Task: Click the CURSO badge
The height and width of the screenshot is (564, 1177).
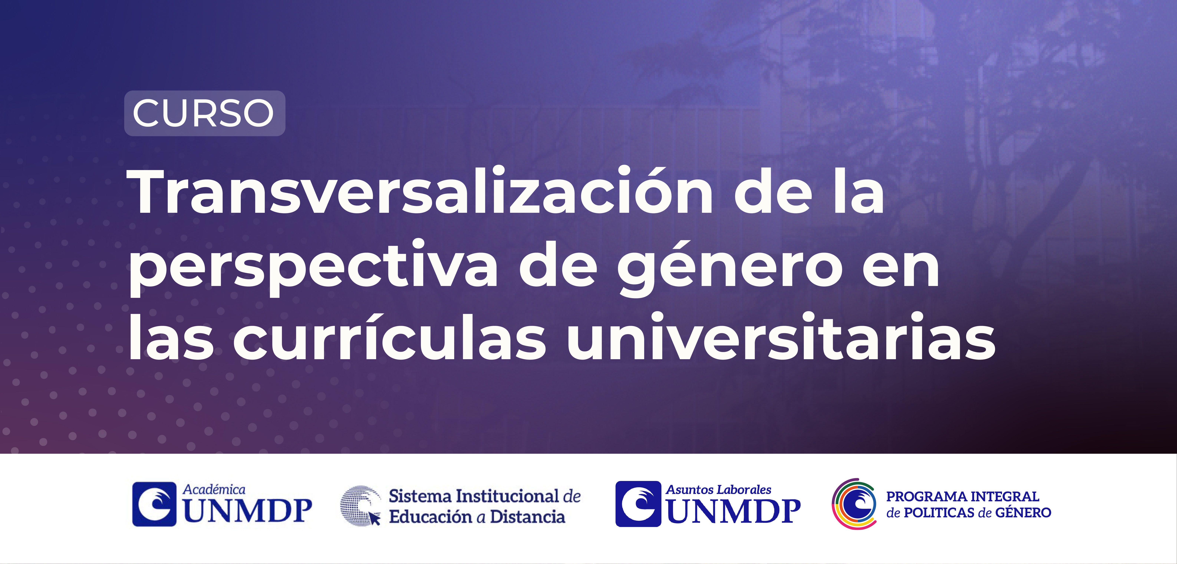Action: point(205,113)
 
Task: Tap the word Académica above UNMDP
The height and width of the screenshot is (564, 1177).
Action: point(214,489)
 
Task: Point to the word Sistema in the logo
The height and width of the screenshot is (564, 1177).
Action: point(420,496)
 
